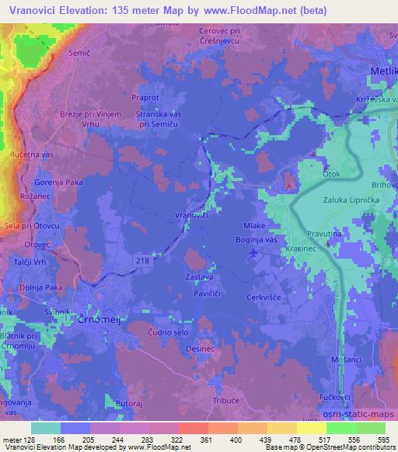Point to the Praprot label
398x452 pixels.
[x=146, y=99]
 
